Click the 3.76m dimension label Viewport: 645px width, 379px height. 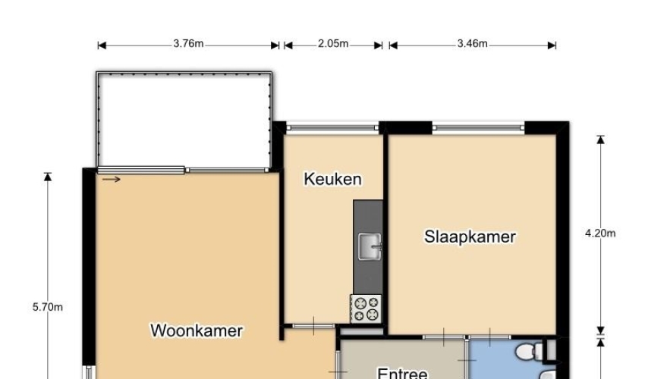pos(188,43)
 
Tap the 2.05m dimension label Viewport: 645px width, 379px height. pos(333,43)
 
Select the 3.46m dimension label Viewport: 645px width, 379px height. pos(473,43)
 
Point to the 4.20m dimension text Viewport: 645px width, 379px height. pos(600,233)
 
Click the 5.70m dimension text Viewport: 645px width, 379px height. pos(48,307)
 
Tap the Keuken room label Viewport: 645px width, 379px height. pos(333,179)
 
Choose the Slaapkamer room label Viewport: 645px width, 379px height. pos(470,236)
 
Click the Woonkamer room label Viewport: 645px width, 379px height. pos(197,330)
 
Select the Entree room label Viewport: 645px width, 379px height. pos(402,372)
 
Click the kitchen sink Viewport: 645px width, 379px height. pos(370,246)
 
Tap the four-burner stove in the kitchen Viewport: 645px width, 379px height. pos(366,309)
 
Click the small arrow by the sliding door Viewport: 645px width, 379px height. pos(111,179)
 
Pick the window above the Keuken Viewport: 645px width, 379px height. pos(332,128)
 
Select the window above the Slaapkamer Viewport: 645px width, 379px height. pos(478,128)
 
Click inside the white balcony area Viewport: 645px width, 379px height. pos(184,121)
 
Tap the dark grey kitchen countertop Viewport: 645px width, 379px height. pos(368,246)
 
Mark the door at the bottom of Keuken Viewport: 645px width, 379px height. pos(313,327)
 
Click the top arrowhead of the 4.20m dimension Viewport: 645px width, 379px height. pos(600,139)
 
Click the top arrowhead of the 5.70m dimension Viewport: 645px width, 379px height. pos(48,177)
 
